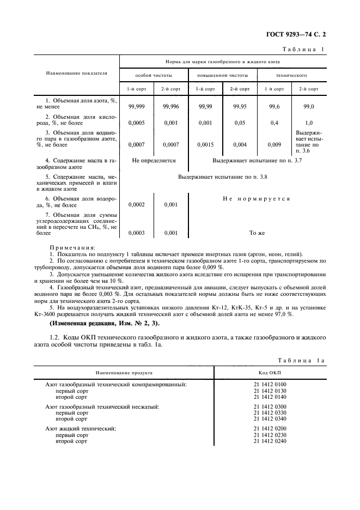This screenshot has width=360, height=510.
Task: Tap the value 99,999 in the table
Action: click(136, 107)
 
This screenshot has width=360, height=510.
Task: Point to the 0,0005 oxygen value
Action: click(136, 123)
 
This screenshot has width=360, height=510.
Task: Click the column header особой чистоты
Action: click(153, 75)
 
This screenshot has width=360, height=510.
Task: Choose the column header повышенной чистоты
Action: click(222, 75)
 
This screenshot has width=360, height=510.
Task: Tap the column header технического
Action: click(291, 75)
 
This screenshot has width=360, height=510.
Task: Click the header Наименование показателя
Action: click(76, 72)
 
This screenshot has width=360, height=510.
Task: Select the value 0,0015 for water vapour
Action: click(206, 145)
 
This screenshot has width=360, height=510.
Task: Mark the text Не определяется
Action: click(154, 161)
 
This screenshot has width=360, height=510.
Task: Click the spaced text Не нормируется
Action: click(256, 199)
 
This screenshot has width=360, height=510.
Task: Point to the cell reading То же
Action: click(257, 233)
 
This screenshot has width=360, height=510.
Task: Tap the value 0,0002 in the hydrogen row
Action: click(136, 205)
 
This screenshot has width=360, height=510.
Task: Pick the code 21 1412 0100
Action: click(270, 385)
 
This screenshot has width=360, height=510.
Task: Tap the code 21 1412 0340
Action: click(270, 419)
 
